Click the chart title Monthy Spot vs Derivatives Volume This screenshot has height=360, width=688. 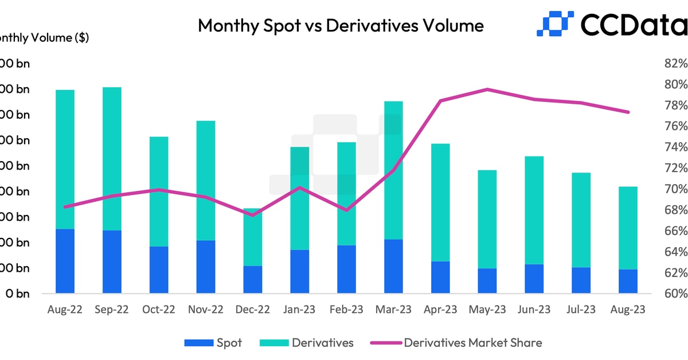341,25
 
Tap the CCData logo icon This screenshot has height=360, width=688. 554,24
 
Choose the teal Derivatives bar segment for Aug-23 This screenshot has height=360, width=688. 628,228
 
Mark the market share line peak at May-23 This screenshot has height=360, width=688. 487,89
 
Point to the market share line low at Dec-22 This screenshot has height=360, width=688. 252,215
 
